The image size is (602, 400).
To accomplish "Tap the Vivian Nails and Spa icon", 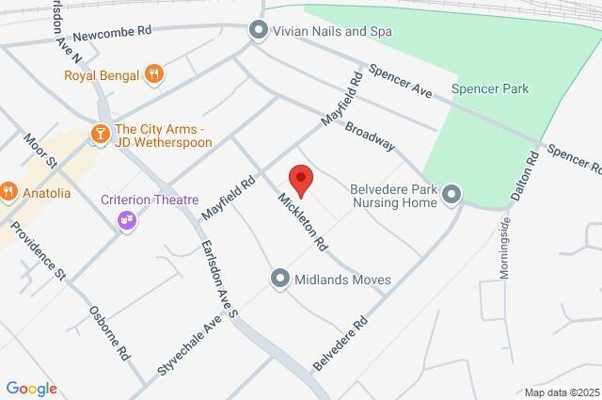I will pyautogui.click(x=259, y=31).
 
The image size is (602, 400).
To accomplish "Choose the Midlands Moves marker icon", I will pyautogui.click(x=279, y=280).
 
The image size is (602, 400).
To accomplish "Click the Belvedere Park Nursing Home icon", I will pyautogui.click(x=452, y=195).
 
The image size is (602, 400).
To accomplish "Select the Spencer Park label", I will pyautogui.click(x=489, y=89).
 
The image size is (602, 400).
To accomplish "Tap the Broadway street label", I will pyautogui.click(x=369, y=136).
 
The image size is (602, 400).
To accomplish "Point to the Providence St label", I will pyautogui.click(x=44, y=258).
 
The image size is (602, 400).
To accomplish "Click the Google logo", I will pyautogui.click(x=31, y=388).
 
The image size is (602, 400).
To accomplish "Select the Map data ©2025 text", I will pyautogui.click(x=561, y=392).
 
